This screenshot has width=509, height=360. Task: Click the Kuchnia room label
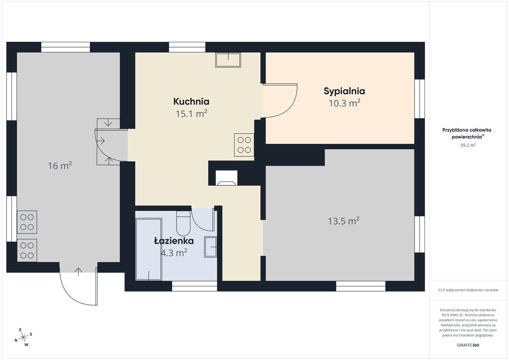[191, 101]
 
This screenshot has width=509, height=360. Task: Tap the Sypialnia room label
[344, 91]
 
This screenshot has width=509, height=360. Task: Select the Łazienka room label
[173, 241]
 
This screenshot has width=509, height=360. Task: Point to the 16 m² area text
[60, 166]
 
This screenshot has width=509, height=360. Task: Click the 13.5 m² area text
[343, 221]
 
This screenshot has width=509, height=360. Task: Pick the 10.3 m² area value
[344, 103]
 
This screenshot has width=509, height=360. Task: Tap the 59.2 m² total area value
[468, 145]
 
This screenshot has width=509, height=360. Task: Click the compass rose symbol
[23, 338]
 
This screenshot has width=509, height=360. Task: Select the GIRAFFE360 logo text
[468, 345]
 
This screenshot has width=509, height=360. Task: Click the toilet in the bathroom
[183, 223]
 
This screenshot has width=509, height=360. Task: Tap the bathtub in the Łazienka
[149, 249]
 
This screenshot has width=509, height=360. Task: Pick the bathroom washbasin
[210, 247]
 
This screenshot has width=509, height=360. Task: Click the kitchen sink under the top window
[228, 60]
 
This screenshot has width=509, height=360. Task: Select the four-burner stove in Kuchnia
[244, 145]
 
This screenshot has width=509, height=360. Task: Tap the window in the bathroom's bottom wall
[194, 286]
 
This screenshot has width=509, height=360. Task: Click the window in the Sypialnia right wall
[420, 98]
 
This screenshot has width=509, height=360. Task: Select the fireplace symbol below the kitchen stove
[227, 178]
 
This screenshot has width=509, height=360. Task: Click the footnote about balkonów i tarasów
[468, 290]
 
